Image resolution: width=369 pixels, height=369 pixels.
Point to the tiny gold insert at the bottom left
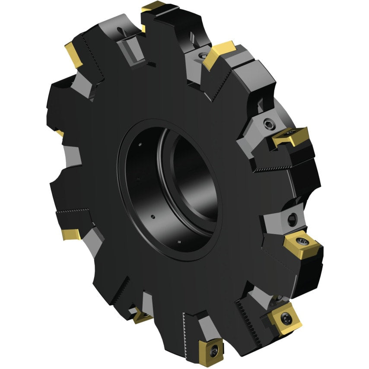(x=140, y=318)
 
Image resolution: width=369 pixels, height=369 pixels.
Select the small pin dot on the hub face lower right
(x=178, y=242)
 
